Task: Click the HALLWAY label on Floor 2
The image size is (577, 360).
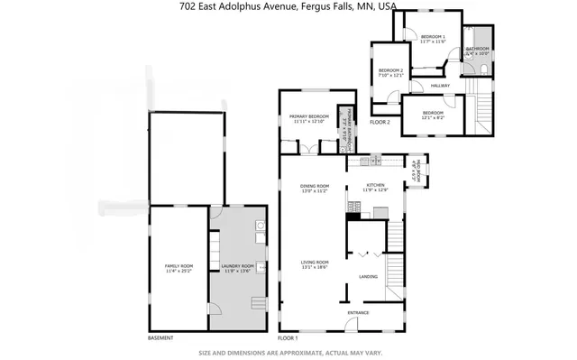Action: tap(440, 86)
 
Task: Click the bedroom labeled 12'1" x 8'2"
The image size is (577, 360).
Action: tap(434, 115)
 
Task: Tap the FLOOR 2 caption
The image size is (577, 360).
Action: tap(380, 122)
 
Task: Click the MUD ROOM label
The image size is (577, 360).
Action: tap(416, 168)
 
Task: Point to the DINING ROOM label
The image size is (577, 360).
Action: tap(317, 188)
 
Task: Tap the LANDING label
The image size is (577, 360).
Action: tap(368, 276)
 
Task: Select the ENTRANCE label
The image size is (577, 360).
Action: tap(358, 313)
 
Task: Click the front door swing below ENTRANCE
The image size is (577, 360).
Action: tap(359, 326)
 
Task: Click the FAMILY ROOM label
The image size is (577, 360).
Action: tap(179, 266)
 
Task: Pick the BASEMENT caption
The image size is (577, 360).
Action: tap(160, 338)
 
